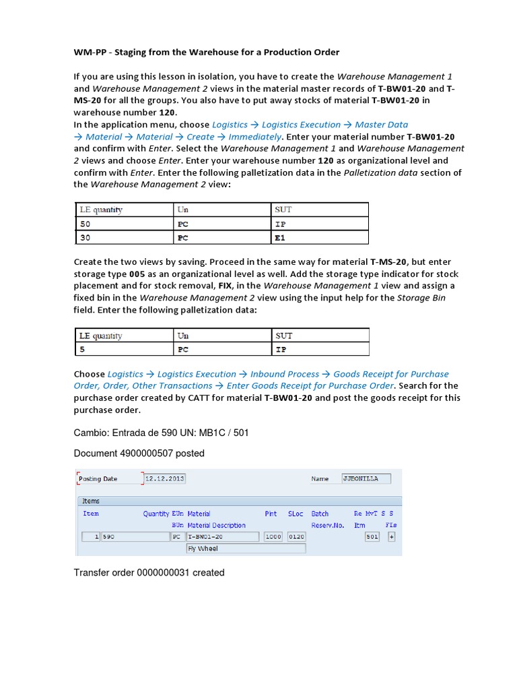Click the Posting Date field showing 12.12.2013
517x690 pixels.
click(x=165, y=478)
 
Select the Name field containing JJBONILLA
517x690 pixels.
click(x=370, y=478)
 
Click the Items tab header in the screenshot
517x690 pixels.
click(x=91, y=501)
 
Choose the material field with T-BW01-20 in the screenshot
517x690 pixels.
click(x=222, y=536)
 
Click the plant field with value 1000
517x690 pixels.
click(x=273, y=536)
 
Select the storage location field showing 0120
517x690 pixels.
click(x=296, y=536)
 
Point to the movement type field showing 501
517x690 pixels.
click(x=372, y=536)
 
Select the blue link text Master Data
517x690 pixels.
click(x=382, y=125)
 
